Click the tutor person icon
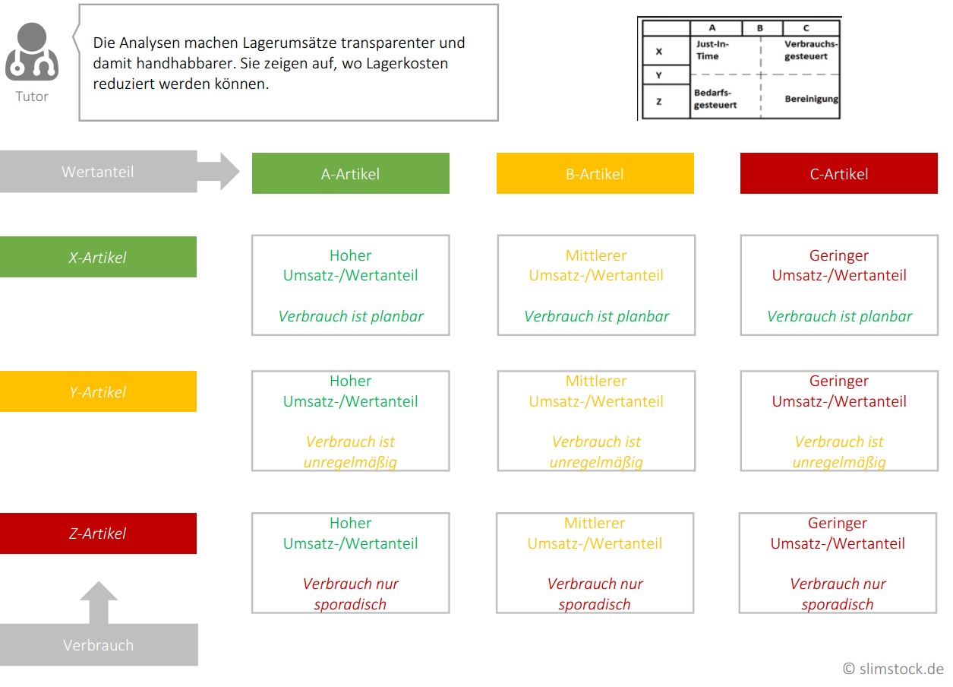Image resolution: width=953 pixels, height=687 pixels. pyautogui.click(x=32, y=52)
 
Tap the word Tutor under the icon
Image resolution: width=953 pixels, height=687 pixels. pyautogui.click(x=32, y=97)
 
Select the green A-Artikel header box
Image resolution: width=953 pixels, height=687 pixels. pyautogui.click(x=351, y=173)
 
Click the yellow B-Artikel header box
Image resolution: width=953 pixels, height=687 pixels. pyautogui.click(x=595, y=173)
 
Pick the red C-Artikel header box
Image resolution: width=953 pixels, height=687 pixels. pyautogui.click(x=839, y=173)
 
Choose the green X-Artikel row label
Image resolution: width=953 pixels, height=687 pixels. pyautogui.click(x=98, y=257)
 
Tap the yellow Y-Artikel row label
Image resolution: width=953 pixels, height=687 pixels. pyautogui.click(x=98, y=391)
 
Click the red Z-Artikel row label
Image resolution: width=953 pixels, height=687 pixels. pyautogui.click(x=98, y=533)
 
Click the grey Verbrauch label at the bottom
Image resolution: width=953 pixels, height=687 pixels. pyautogui.click(x=99, y=645)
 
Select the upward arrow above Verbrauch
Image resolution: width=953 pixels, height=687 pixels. pyautogui.click(x=99, y=603)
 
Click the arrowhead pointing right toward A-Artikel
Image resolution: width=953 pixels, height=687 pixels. pyautogui.click(x=230, y=171)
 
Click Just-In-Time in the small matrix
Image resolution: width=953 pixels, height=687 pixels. pyautogui.click(x=712, y=50)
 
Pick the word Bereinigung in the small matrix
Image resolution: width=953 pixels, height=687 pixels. pyautogui.click(x=811, y=99)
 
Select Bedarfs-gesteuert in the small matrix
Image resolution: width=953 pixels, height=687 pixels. pyautogui.click(x=715, y=99)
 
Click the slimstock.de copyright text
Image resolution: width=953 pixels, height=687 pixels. pyautogui.click(x=894, y=669)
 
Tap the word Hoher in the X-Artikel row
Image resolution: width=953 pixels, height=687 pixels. pyautogui.click(x=351, y=255)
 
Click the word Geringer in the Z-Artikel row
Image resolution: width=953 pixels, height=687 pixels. pyautogui.click(x=838, y=523)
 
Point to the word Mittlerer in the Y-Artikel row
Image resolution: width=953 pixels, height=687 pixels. pyautogui.click(x=596, y=381)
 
